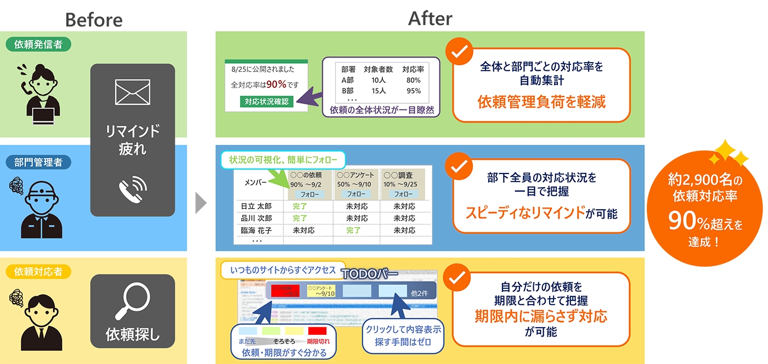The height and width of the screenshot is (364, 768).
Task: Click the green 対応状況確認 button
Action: tap(266, 102)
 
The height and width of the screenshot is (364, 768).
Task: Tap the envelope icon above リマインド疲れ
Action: tap(132, 92)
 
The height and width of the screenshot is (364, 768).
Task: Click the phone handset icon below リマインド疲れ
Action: tap(132, 189)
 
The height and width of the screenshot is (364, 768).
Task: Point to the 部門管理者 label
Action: tap(38, 163)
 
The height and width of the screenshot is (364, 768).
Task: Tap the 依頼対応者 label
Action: tap(38, 271)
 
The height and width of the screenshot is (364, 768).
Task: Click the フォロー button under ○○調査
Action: tap(403, 194)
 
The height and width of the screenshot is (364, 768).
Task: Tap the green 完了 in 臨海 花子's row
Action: tap(353, 231)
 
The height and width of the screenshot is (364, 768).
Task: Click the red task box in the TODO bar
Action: tap(285, 290)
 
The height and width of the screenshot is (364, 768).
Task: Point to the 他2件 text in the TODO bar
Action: tap(420, 293)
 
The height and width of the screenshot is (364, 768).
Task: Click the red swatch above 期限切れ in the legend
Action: tap(317, 331)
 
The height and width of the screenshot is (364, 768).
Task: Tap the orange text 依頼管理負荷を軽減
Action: tap(541, 102)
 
